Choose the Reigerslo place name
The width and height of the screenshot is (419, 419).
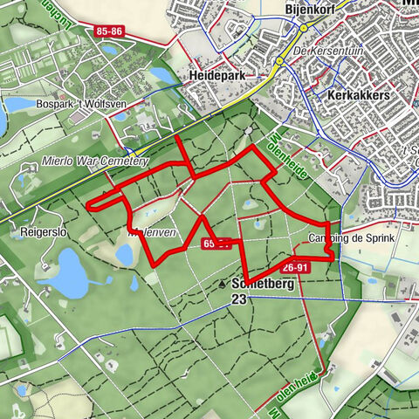[39, 233]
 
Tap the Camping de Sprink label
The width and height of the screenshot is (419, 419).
[352, 238]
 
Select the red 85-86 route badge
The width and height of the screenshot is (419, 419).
[110, 31]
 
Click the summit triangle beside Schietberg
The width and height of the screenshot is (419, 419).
[223, 285]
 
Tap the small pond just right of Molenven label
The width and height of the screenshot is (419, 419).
[125, 255]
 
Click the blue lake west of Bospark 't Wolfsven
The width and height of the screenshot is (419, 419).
[17, 105]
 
